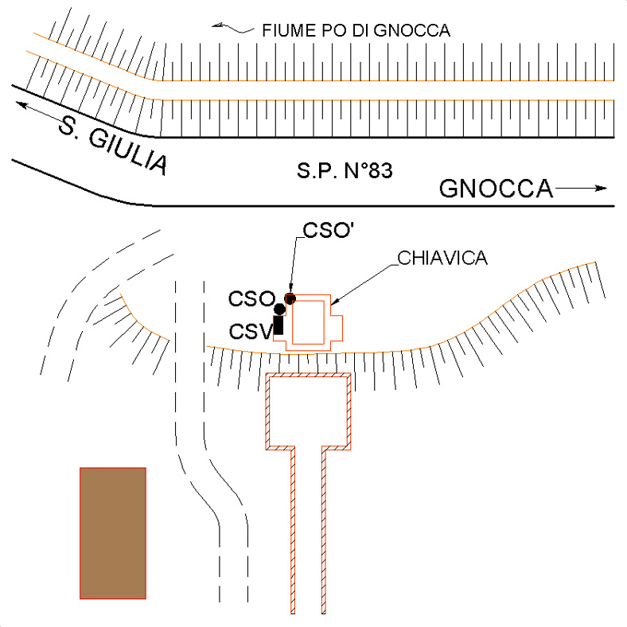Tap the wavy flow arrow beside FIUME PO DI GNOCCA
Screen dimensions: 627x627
pos(233,29)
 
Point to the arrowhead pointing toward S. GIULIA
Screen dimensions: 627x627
pos(21,105)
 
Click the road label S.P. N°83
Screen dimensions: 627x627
pos(345,170)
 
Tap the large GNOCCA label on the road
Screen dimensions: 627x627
pos(496,189)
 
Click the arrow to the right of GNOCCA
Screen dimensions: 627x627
pos(581,188)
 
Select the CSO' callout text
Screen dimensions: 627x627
pos(329,230)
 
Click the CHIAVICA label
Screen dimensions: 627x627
pos(442,258)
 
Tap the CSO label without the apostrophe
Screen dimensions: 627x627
pos(251,298)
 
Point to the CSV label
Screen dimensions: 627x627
pos(251,332)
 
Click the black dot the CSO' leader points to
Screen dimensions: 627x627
pos(290,298)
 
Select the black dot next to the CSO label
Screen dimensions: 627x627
pos(279,309)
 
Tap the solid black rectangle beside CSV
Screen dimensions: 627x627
pos(278,325)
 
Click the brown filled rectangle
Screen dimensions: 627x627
pos(113,533)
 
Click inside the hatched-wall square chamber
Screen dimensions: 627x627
pos(308,411)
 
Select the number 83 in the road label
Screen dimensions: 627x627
pos(380,170)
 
